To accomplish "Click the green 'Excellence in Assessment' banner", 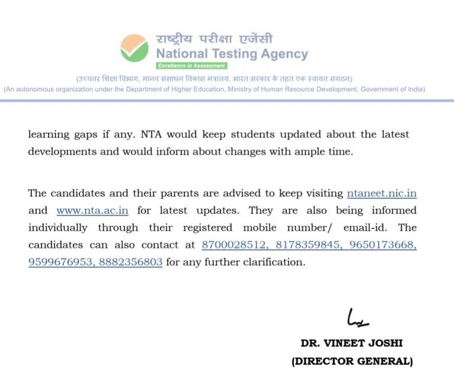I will [191, 66].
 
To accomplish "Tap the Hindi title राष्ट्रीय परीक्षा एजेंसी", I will [214, 39].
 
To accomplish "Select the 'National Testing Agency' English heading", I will [232, 54].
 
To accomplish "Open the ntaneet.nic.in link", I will [385, 193].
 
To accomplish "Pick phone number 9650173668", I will [381, 245].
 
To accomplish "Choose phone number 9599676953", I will [60, 262].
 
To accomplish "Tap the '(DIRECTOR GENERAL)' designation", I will [352, 361].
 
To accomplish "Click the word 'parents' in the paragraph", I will [165, 194].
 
